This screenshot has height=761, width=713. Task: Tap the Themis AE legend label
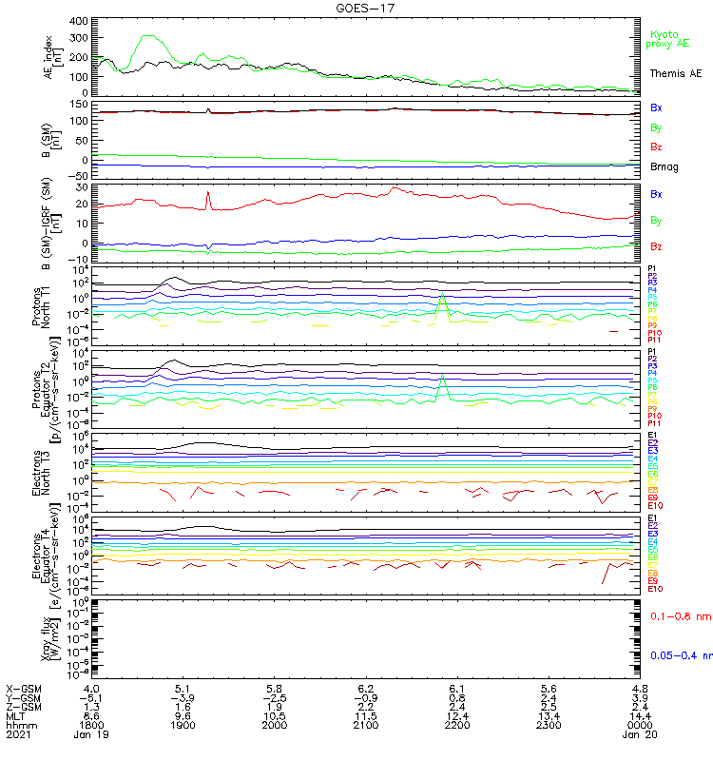pos(676,73)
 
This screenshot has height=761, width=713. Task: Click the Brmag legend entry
pos(664,166)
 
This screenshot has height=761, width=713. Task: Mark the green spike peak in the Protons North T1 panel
pos(441,295)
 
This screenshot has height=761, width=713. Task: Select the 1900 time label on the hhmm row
pos(183,725)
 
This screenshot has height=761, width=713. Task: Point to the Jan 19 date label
pos(92,735)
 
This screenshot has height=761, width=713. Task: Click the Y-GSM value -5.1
pos(92,697)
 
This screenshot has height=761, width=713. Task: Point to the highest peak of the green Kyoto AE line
pos(147,36)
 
